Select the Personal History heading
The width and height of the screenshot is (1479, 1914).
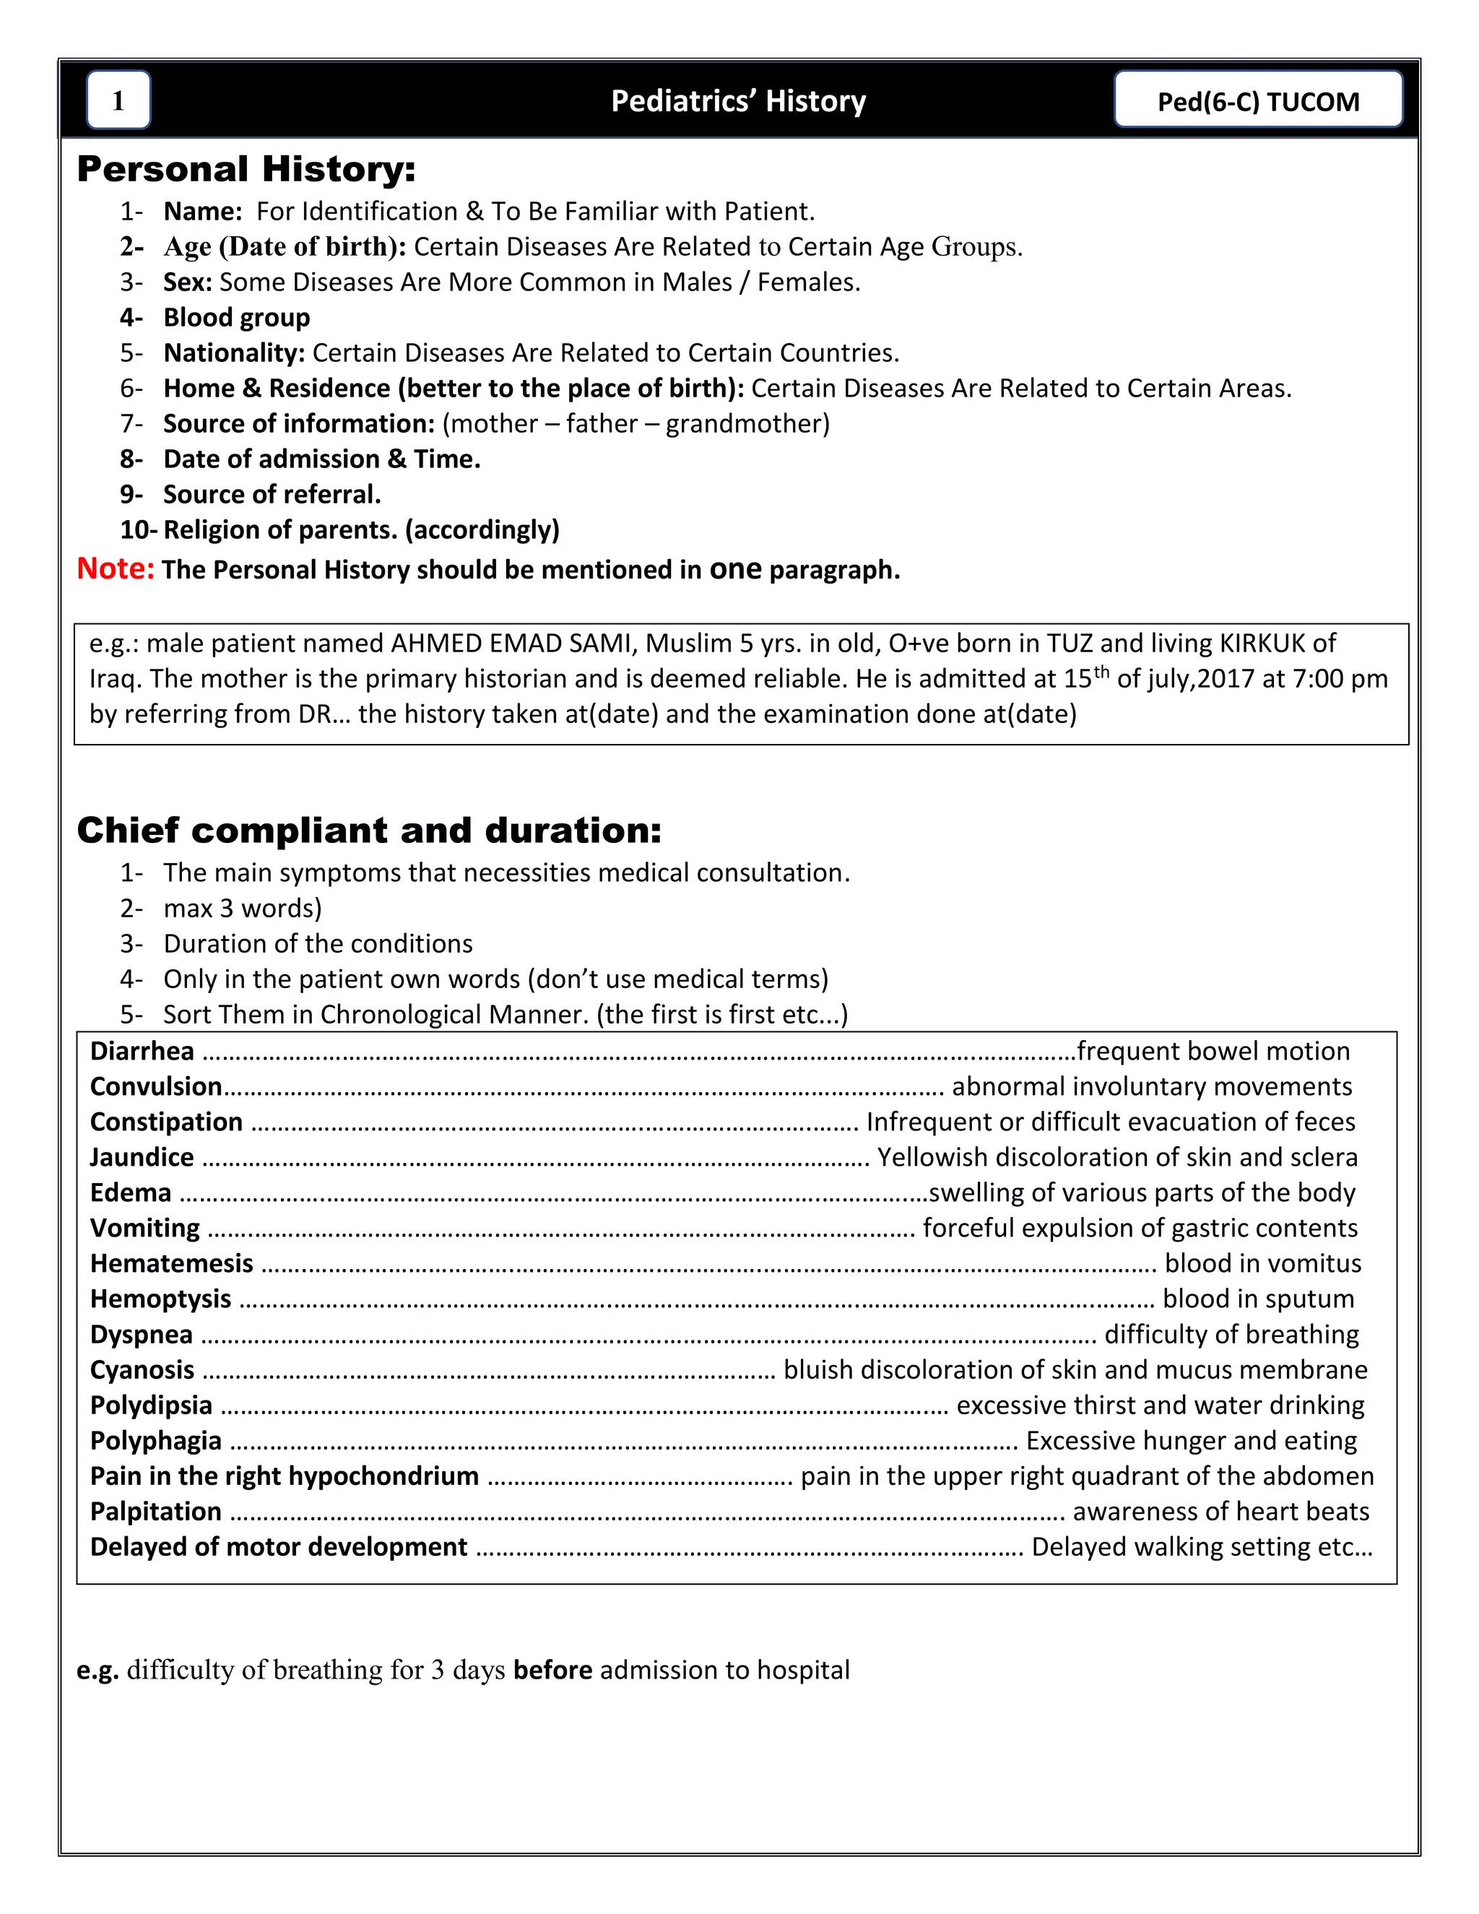tap(246, 169)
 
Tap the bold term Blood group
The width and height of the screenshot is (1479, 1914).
tap(237, 317)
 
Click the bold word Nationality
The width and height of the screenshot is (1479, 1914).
tap(234, 352)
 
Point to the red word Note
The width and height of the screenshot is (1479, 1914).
tap(115, 568)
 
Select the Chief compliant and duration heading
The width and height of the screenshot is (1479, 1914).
tap(369, 830)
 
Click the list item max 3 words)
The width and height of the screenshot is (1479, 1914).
tap(243, 908)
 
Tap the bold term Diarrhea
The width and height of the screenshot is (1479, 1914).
tap(142, 1051)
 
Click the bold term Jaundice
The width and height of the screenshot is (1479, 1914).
tap(142, 1157)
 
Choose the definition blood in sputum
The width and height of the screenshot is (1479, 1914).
tap(1257, 1299)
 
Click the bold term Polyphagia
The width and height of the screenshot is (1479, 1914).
tap(156, 1441)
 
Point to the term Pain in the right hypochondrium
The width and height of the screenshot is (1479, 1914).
tap(284, 1476)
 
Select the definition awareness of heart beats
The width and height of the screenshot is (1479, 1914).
tap(1220, 1512)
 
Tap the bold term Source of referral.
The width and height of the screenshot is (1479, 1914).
tap(272, 494)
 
